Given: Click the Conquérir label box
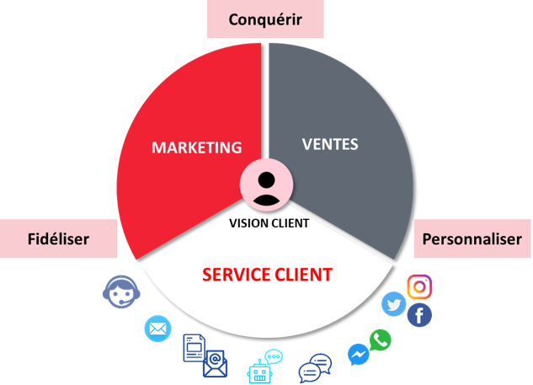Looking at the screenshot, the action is (265, 19).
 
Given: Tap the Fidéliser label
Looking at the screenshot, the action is (58, 238).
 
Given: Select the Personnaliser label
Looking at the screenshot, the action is (472, 238).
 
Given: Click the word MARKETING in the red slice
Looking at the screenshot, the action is (196, 147).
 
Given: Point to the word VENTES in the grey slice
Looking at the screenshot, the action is (330, 144).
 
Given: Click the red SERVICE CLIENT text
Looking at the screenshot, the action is (267, 275).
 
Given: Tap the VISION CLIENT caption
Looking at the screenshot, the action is (269, 223).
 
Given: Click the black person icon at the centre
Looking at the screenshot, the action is (266, 189).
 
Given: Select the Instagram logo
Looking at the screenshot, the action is (419, 286).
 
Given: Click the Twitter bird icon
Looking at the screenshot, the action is (393, 304).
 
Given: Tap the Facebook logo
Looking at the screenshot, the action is (419, 315).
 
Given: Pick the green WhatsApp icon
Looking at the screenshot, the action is (380, 340).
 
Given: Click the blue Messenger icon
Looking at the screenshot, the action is (359, 355).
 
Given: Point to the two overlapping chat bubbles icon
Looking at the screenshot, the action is (315, 368).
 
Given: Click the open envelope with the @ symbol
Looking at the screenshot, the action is (216, 364).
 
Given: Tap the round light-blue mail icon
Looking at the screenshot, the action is (157, 329).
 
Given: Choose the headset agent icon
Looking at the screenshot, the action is (121, 291).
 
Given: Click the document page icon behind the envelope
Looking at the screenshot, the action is (195, 348).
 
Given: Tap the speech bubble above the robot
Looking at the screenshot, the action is (274, 356).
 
